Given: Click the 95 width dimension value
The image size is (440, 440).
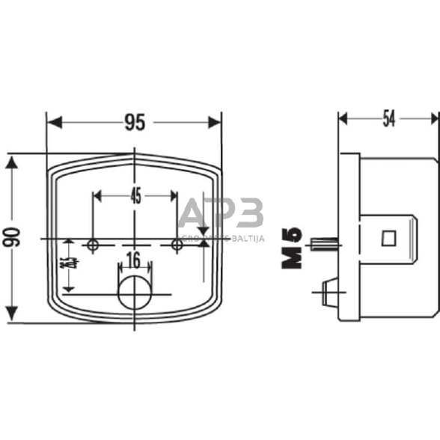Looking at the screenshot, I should pyautogui.click(x=135, y=123).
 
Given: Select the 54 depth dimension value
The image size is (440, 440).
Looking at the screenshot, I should pyautogui.click(x=389, y=119).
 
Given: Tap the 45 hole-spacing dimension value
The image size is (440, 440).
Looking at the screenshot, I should pyautogui.click(x=135, y=197).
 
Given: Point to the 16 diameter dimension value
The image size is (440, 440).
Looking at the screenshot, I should pyautogui.click(x=134, y=260).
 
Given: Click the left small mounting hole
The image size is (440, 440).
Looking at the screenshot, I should pyautogui.click(x=94, y=245).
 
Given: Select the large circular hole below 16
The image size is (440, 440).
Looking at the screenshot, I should pyautogui.click(x=135, y=294).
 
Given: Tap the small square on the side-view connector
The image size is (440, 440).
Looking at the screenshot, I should pyautogui.click(x=387, y=238).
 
